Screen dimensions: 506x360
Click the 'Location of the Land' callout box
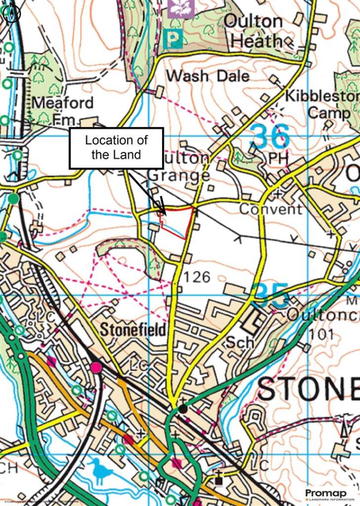click(x=116, y=148)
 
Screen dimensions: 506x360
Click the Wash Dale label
click(x=207, y=76)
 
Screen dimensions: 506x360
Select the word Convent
click(x=271, y=209)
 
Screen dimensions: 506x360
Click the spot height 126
click(x=197, y=277)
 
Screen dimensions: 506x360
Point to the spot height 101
click(x=322, y=335)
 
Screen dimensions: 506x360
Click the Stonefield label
click(x=133, y=330)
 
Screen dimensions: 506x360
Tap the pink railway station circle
click(x=96, y=367)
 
